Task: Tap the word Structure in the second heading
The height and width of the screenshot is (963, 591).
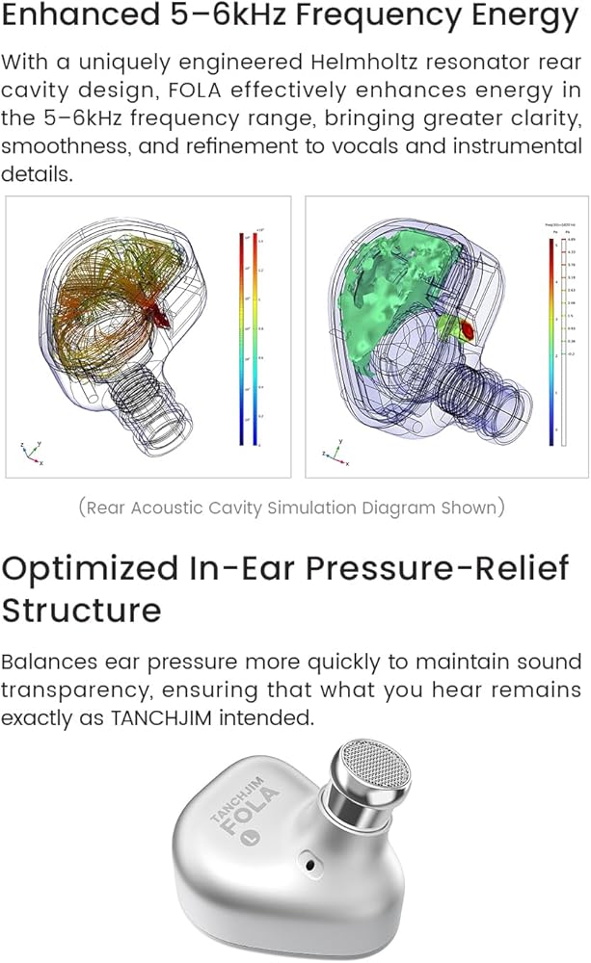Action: (x=82, y=611)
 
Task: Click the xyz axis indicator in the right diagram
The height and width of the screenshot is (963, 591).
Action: (x=332, y=450)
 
